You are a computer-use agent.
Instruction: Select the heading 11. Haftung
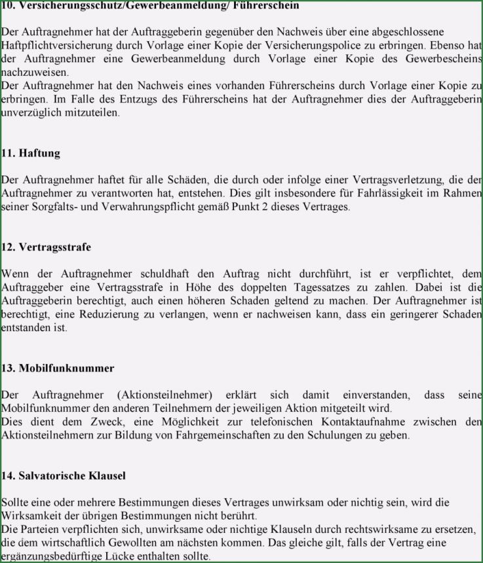coord(31,153)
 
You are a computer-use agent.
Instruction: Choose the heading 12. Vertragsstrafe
coord(46,247)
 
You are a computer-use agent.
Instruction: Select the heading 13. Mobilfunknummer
coord(58,368)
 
